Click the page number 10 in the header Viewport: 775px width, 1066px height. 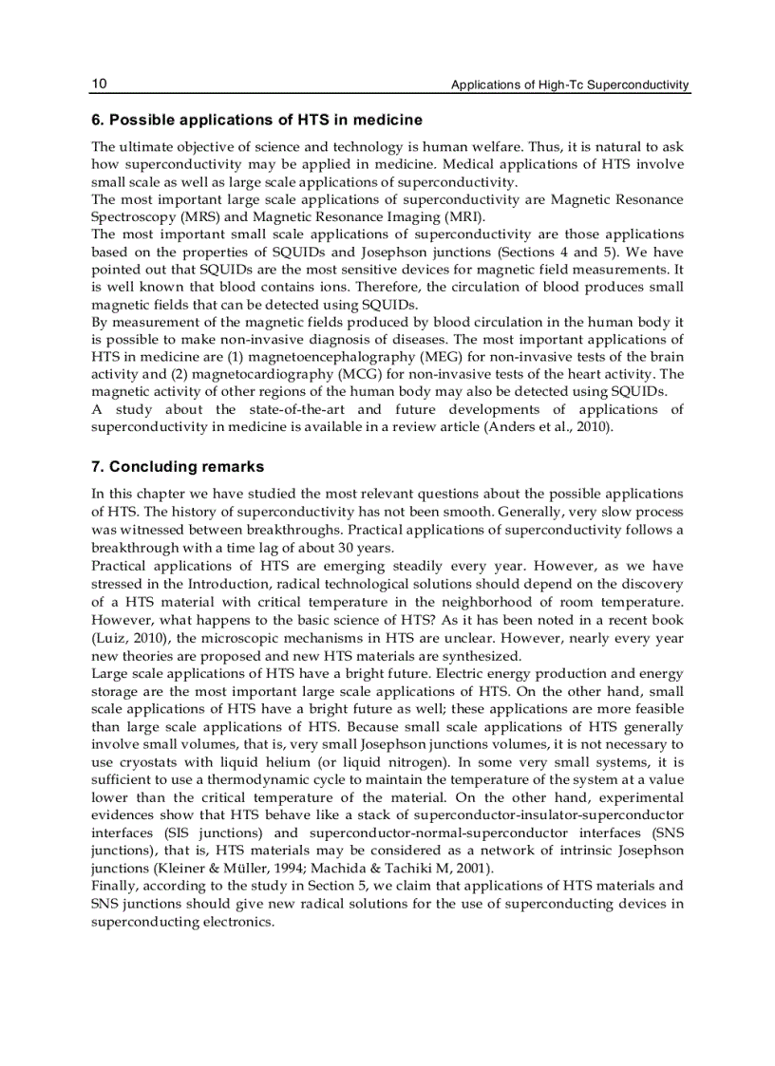(x=99, y=84)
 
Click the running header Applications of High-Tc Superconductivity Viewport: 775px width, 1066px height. (x=570, y=85)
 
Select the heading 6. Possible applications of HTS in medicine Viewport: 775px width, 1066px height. (x=256, y=121)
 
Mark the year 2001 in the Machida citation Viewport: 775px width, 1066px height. (x=463, y=869)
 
